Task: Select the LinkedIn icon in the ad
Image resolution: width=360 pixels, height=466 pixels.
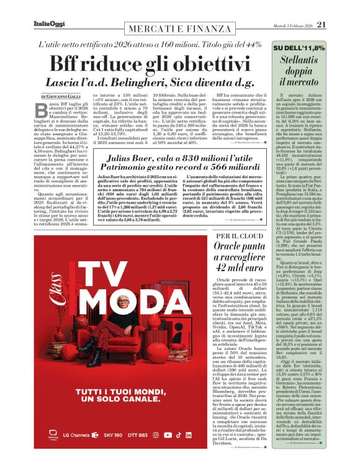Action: click(x=207, y=436)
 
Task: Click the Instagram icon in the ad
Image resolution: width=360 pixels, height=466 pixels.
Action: click(x=173, y=436)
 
